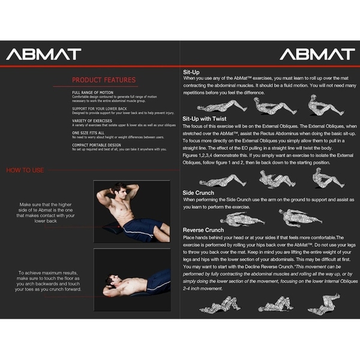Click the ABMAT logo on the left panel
[x=43, y=54]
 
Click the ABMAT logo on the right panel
[x=317, y=54]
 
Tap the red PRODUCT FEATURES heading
[x=104, y=80]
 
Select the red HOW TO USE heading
[x=25, y=170]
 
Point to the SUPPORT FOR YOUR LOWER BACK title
[x=99, y=108]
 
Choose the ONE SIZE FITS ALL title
[x=88, y=132]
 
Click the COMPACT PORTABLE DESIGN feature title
[x=97, y=145]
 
